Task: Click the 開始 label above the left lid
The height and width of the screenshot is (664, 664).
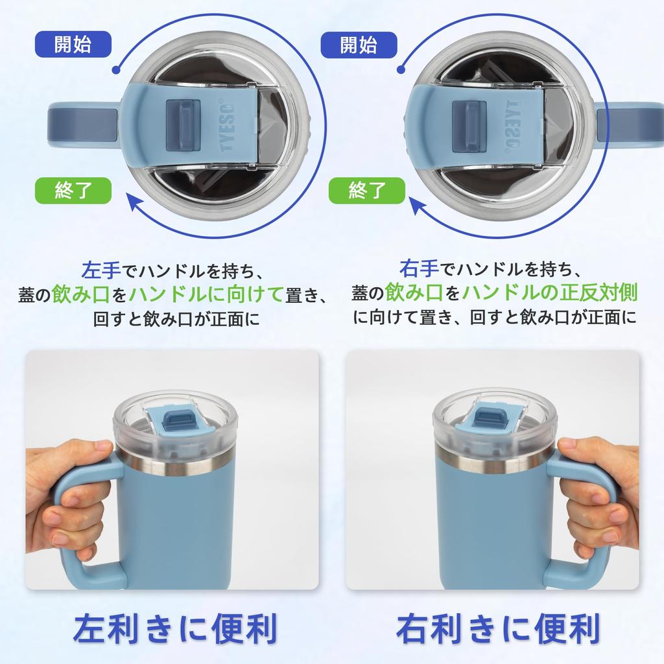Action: [73, 44]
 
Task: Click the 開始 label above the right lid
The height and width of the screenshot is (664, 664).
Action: [358, 44]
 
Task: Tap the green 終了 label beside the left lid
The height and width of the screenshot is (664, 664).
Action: [73, 190]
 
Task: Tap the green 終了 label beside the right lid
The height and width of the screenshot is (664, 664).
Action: [367, 190]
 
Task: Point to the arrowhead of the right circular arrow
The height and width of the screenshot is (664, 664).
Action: [418, 207]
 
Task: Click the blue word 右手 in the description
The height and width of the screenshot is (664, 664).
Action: [418, 267]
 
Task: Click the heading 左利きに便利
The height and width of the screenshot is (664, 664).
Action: [175, 628]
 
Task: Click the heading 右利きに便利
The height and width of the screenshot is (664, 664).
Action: [497, 628]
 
